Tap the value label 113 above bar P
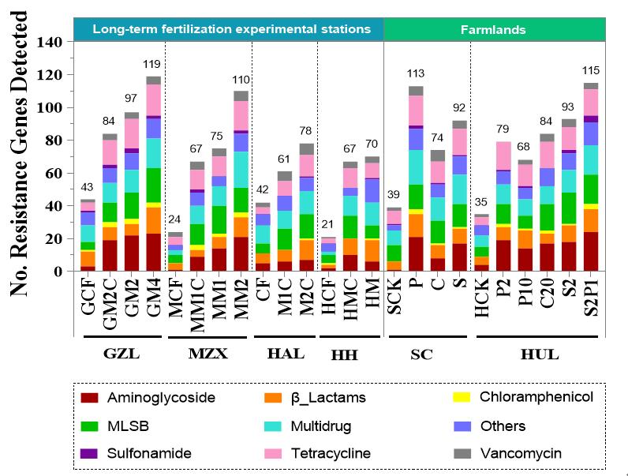coord(416,74)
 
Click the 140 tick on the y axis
coord(60,43)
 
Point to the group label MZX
coord(208,354)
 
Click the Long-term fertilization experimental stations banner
coord(231,29)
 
